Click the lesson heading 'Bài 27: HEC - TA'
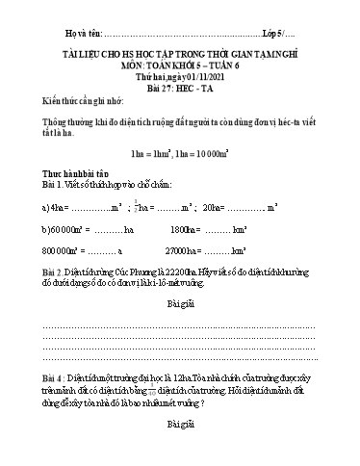[181, 83]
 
